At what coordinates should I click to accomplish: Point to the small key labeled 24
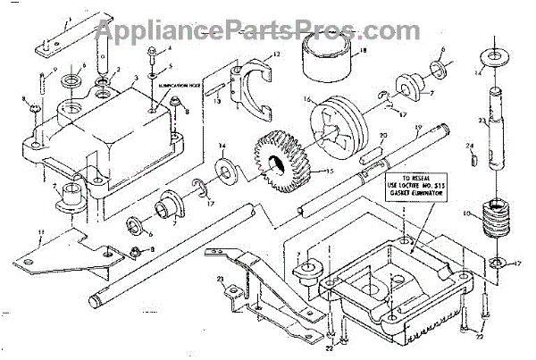point(473,161)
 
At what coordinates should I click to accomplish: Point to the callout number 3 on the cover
point(134,80)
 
